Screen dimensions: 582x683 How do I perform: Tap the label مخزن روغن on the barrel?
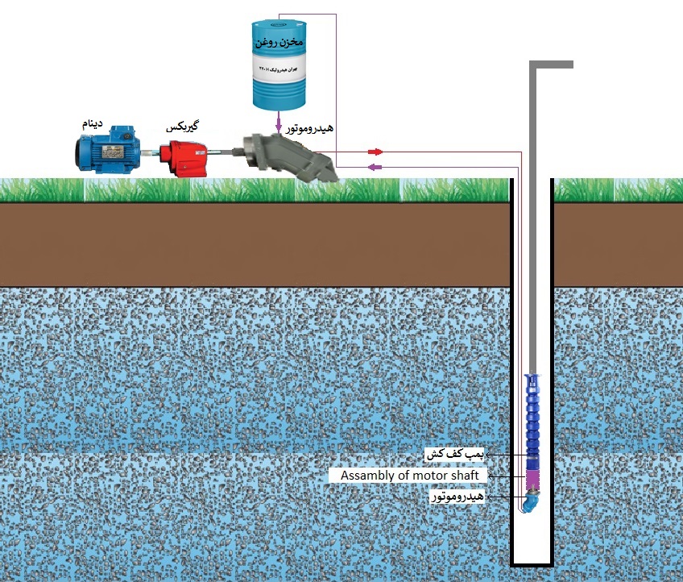click(278, 39)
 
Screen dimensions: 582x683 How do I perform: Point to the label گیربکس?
click(182, 127)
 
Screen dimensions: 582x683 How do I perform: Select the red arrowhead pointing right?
click(375, 152)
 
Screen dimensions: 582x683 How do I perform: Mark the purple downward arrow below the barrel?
click(279, 126)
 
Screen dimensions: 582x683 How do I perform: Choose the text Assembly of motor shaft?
click(409, 476)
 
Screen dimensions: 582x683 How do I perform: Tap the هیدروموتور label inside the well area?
click(459, 497)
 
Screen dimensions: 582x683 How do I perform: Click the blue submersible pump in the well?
click(532, 419)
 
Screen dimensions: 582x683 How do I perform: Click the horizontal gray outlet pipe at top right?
click(554, 64)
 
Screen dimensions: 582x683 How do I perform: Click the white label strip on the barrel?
click(278, 71)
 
